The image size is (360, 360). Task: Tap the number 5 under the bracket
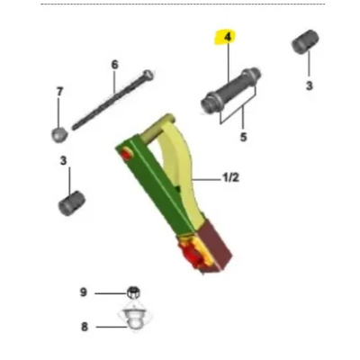pyautogui.click(x=242, y=138)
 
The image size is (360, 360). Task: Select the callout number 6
pyautogui.click(x=114, y=65)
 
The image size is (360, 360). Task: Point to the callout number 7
pyautogui.click(x=60, y=92)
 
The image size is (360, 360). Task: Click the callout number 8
pyautogui.click(x=85, y=327)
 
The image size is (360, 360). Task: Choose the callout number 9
pyautogui.click(x=85, y=292)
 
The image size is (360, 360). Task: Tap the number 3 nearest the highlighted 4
pyautogui.click(x=309, y=85)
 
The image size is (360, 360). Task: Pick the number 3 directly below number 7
pyautogui.click(x=62, y=161)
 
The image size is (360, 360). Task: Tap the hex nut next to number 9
pyautogui.click(x=130, y=292)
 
